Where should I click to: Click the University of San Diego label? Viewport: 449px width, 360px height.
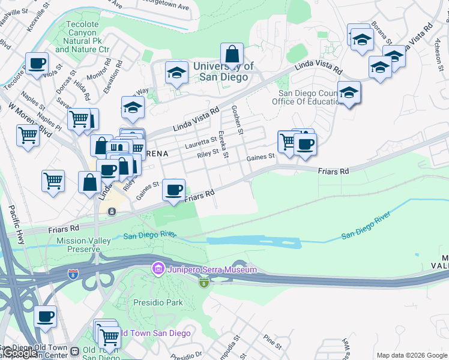[223, 71]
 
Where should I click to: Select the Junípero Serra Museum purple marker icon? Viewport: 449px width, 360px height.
[158, 269]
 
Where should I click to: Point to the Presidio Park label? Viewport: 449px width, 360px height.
[158, 302]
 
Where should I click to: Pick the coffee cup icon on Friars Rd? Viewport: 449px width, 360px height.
[174, 190]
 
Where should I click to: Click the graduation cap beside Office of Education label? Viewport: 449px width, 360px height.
[349, 93]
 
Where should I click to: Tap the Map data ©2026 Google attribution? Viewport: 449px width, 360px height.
[412, 355]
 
